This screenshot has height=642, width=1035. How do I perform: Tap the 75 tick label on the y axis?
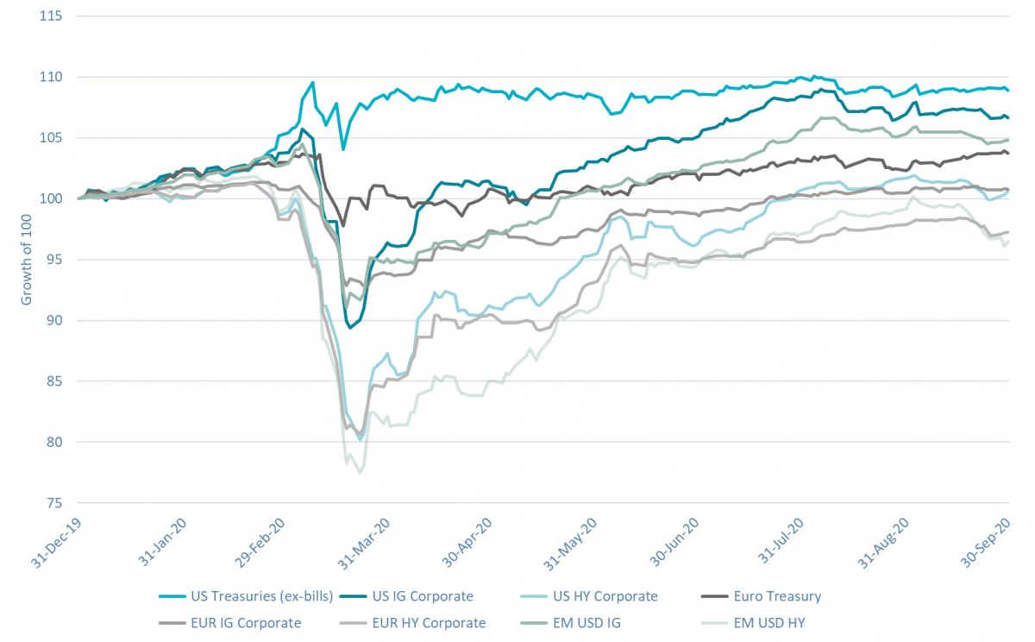(57, 503)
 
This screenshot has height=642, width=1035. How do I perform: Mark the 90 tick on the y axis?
(57, 320)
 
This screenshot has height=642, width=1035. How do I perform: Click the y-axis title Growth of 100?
(26, 259)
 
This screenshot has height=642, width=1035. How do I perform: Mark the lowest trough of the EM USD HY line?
(360, 473)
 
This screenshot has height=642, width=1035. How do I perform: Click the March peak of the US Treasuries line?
(312, 83)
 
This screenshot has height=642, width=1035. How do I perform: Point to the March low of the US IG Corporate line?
(350, 328)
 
